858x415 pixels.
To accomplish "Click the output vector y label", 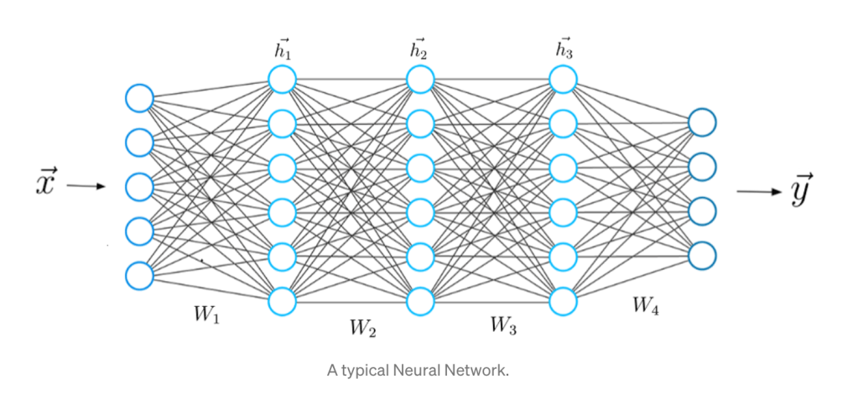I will pos(801,192).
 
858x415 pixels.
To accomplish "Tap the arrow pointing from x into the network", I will pos(86,186).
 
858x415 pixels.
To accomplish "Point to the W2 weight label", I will pos(362,328).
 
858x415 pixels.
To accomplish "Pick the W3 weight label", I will pos(503,326).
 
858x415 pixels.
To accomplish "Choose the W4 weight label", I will pos(646,308).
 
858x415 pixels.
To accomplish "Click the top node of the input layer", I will pos(139,98).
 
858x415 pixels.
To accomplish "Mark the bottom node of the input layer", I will pos(139,274).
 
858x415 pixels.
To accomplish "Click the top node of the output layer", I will pos(702,123).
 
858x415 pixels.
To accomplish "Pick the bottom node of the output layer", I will pos(702,253).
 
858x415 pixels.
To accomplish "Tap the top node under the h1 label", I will pos(282,80).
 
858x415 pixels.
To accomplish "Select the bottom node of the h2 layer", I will pos(420,300).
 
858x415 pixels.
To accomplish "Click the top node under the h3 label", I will pos(564,80).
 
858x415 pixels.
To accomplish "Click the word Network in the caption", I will pos(478,370).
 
